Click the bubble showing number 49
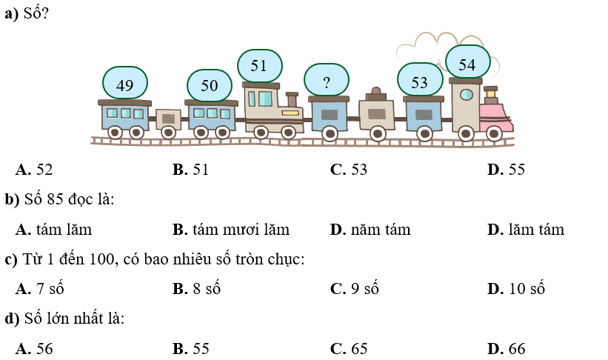(125, 85)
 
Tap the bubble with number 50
(210, 85)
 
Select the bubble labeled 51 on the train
(259, 65)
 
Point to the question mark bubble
(327, 81)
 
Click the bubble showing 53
(420, 81)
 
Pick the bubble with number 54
(467, 64)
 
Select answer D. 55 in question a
(507, 170)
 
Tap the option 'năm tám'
(370, 230)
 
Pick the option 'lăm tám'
(527, 230)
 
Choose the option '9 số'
(355, 289)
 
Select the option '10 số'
(516, 289)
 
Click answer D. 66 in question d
(507, 349)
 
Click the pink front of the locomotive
(495, 117)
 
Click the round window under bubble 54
(466, 95)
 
